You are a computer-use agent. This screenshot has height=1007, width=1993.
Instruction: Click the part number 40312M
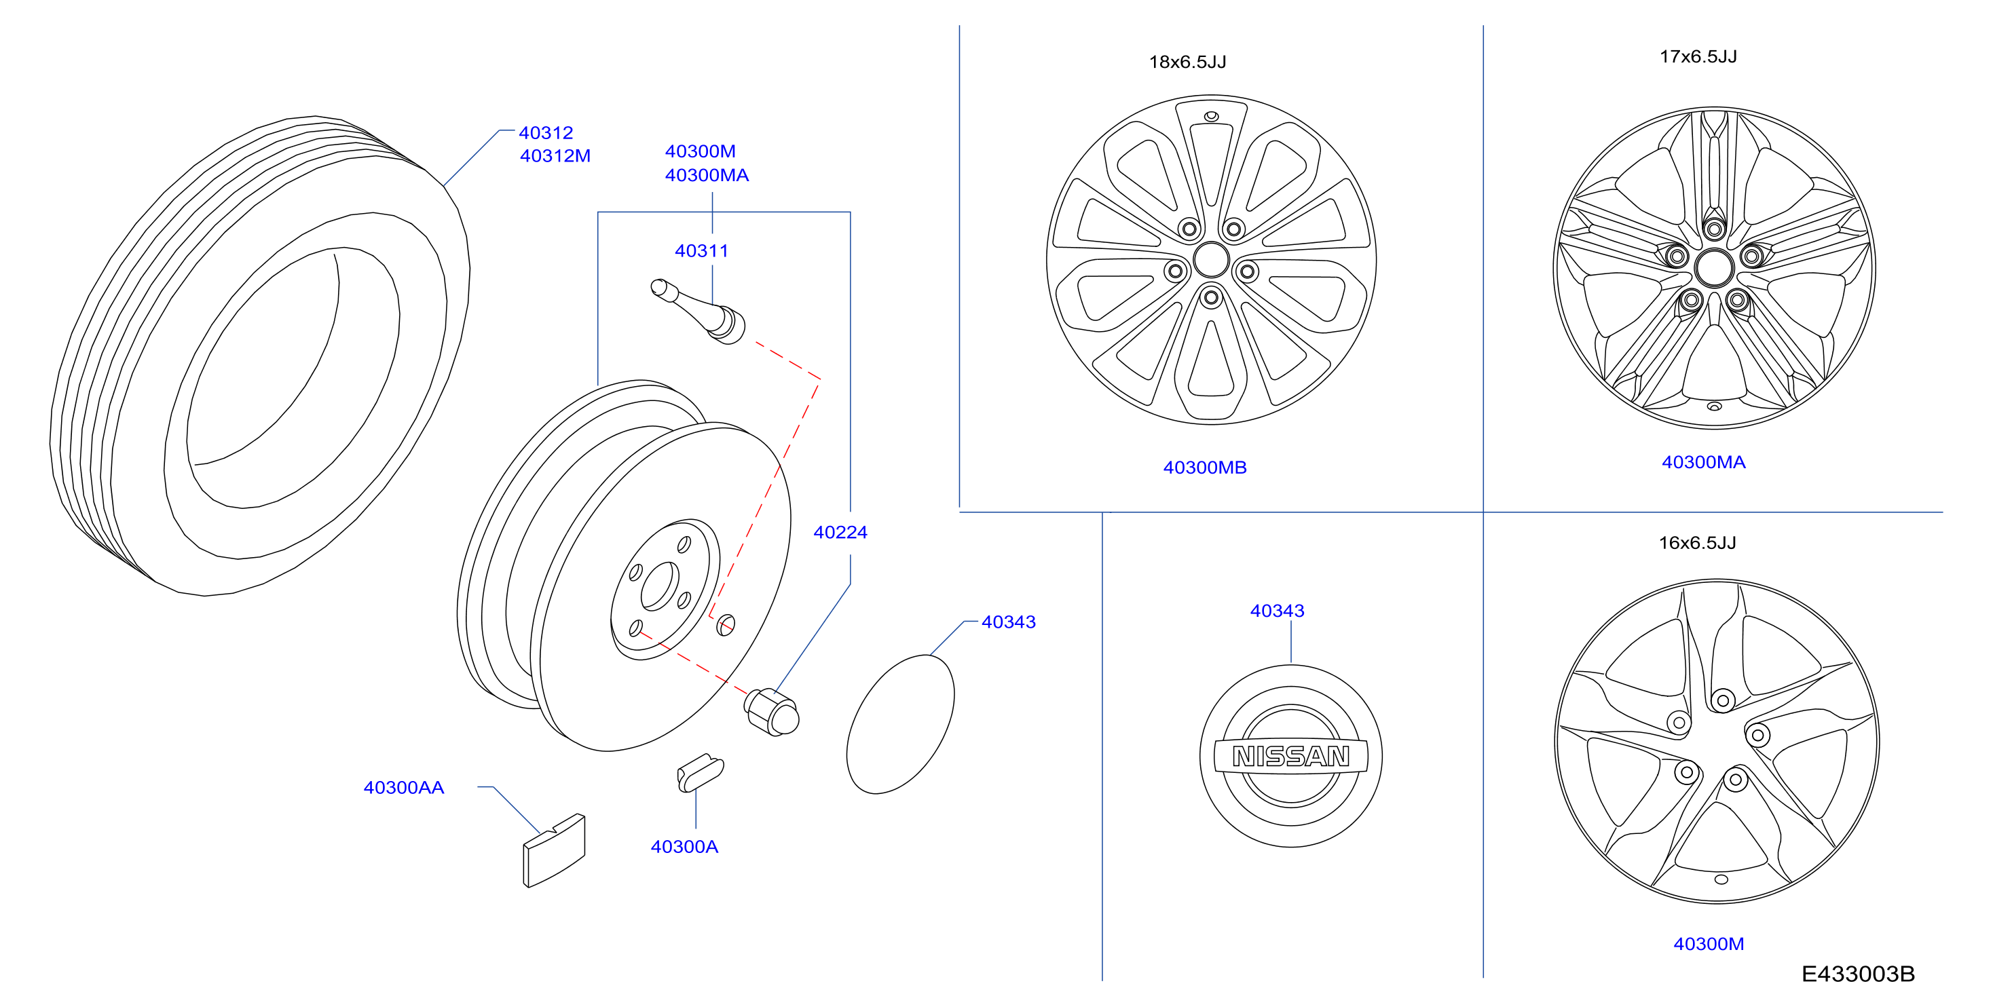(x=555, y=156)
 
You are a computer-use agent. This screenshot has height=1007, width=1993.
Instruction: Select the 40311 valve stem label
(x=701, y=250)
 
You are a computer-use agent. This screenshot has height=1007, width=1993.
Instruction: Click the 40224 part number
(x=840, y=532)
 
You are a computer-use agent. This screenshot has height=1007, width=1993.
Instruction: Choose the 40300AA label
(x=404, y=787)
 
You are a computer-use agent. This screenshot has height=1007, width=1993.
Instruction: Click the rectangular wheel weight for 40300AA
(x=554, y=850)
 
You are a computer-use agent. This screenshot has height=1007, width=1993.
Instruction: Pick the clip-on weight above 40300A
(x=700, y=773)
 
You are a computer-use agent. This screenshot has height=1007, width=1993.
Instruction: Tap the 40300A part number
(x=684, y=847)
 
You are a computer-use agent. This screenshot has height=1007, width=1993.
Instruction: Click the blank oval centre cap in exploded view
(x=901, y=724)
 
